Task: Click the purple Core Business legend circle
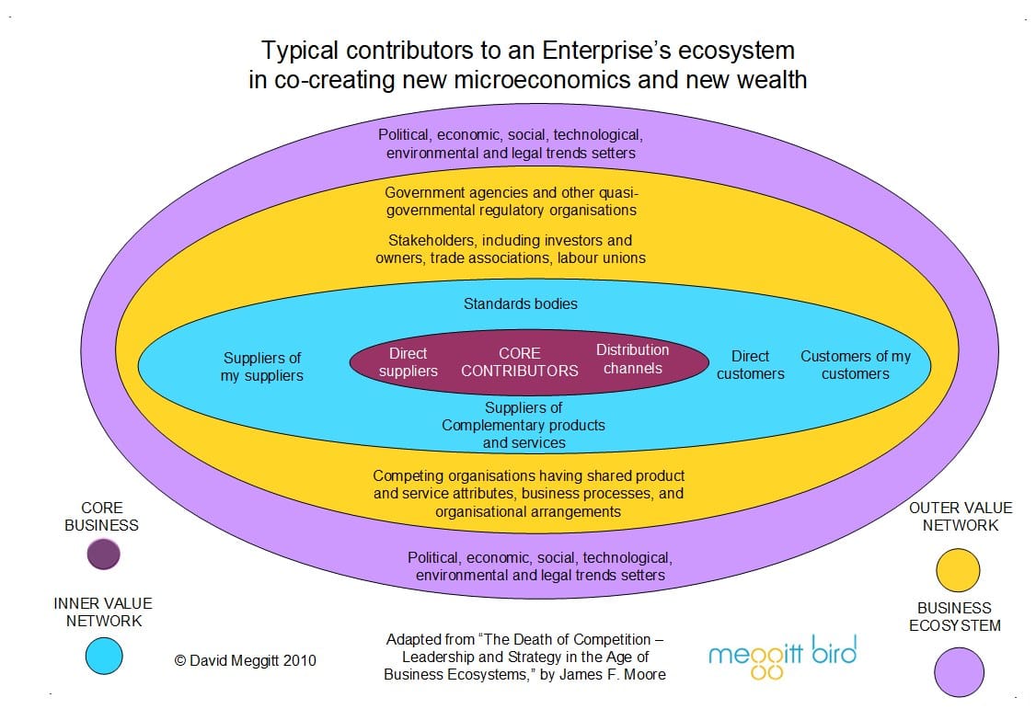103,555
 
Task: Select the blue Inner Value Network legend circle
103,655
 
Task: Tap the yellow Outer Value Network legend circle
957,570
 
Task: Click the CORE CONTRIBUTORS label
520,362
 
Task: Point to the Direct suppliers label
409,362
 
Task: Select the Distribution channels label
633,359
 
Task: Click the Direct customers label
751,365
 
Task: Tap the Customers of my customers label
856,365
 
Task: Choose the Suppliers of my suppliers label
262,367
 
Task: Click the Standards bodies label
521,303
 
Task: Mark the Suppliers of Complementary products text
524,425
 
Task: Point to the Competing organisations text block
528,493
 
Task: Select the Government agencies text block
511,201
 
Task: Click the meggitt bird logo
782,656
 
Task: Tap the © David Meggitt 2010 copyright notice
246,660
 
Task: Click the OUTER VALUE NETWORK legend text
960,516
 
